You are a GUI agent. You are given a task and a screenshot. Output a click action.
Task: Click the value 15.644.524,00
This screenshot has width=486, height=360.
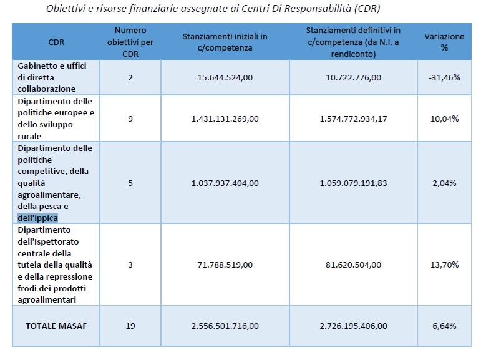[x=225, y=77]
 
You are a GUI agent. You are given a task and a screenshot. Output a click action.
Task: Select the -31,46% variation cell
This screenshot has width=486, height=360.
[x=444, y=77]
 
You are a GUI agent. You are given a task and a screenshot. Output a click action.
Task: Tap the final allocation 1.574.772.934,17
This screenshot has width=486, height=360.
[x=353, y=119]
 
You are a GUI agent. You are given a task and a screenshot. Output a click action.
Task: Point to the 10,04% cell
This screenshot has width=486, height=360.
[x=444, y=119]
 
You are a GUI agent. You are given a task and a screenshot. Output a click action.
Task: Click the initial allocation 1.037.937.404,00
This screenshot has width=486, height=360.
[x=225, y=183]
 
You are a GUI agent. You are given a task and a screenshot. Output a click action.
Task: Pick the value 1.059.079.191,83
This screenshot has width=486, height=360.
[x=353, y=183]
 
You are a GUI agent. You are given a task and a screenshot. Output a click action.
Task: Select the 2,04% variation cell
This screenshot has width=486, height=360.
[x=444, y=183]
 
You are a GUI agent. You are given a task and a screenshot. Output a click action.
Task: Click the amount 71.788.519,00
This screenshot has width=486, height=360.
[x=225, y=265]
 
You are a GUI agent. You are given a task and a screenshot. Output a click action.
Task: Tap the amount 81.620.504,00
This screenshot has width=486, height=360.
[x=353, y=265]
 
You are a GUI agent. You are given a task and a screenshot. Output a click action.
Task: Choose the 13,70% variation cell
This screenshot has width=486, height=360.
[x=444, y=265]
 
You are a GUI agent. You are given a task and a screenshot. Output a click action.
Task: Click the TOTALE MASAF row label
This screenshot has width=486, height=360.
[x=56, y=326]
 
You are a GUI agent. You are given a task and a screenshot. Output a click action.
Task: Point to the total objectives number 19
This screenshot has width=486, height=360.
[x=130, y=326]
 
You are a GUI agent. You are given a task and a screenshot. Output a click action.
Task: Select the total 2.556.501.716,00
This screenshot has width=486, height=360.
[x=225, y=326]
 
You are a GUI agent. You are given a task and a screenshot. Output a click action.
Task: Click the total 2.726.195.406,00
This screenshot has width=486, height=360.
[x=353, y=326]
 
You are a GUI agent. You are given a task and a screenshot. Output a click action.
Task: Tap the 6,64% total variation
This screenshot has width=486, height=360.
[x=444, y=326]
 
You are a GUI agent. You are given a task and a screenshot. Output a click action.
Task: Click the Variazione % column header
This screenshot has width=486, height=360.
[x=444, y=42]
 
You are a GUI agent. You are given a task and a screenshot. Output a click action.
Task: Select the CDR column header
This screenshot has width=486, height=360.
[x=56, y=42]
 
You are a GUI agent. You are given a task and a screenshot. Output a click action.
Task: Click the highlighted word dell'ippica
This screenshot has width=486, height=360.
[x=37, y=218]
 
